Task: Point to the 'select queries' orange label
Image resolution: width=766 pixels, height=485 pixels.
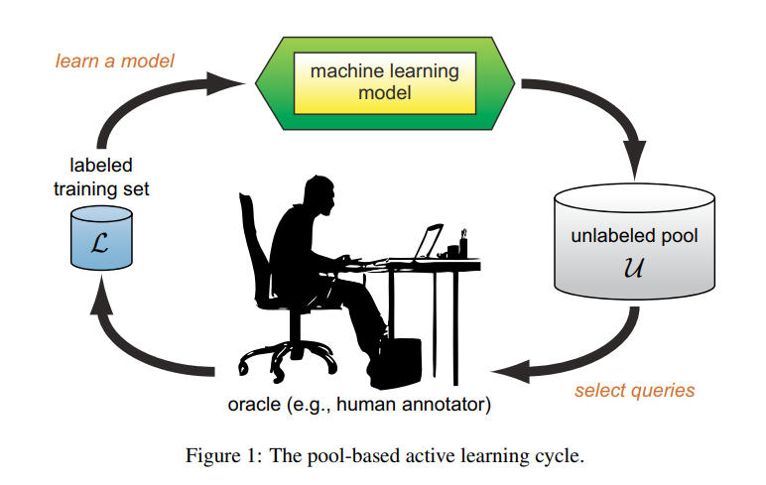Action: [x=635, y=390]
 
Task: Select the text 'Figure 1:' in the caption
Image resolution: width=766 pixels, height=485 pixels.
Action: [x=215, y=456]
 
